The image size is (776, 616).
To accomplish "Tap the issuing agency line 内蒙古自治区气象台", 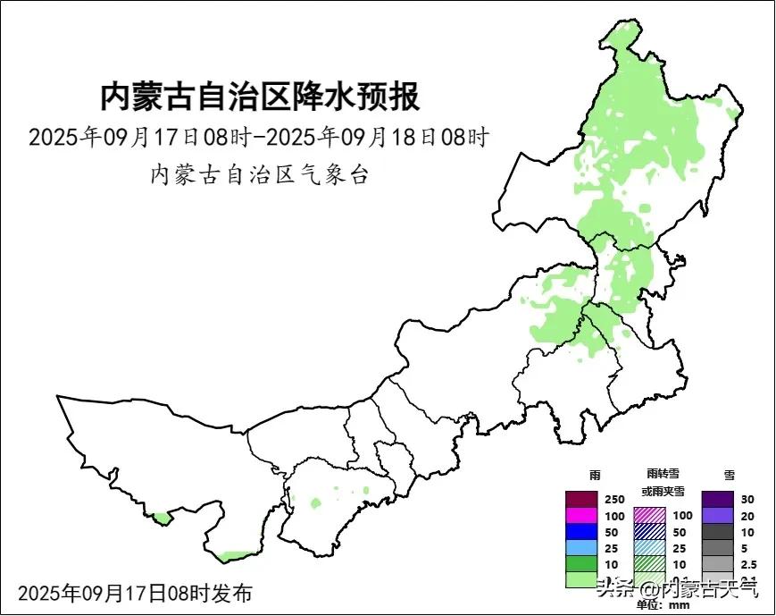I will click(259, 173).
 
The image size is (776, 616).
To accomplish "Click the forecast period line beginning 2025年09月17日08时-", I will click(259, 138).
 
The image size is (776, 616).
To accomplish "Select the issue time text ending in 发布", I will click(134, 593).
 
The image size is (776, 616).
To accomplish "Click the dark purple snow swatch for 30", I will click(717, 499).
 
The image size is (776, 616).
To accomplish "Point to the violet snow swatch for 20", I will click(717, 515).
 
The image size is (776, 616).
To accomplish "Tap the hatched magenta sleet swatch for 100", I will click(649, 515).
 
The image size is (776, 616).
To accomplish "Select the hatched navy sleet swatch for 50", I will click(649, 531).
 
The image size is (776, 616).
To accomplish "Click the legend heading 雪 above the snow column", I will click(729, 475).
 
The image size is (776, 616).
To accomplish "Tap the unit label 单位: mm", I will click(663, 605).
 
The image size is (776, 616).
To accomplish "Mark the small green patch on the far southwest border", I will click(161, 517).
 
